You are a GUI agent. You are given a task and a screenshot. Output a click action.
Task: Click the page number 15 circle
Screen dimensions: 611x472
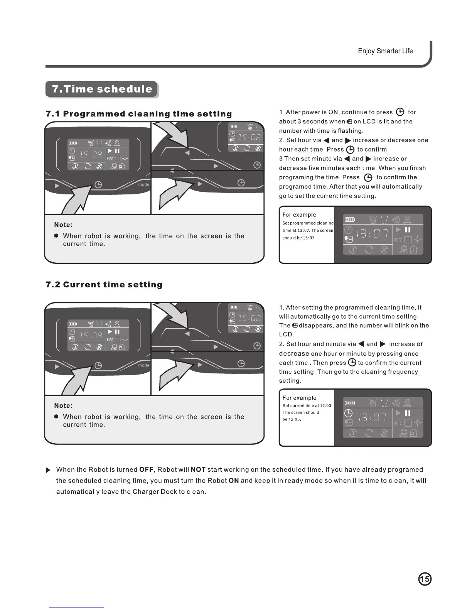click(x=425, y=579)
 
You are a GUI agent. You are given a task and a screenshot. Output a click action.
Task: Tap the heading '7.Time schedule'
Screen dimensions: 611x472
click(x=102, y=89)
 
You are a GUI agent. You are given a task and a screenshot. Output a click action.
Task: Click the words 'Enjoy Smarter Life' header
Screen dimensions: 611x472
click(x=385, y=51)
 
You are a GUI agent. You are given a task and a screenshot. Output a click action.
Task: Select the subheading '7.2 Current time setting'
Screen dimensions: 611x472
click(x=104, y=285)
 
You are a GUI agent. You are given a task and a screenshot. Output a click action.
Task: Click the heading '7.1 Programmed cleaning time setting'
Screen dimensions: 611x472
click(x=139, y=114)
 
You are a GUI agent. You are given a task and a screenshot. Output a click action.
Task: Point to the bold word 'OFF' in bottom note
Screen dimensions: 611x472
click(x=147, y=469)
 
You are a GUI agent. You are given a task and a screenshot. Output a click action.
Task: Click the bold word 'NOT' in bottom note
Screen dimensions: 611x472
click(x=198, y=469)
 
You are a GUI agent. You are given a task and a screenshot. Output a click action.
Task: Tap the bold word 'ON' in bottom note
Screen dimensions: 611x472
click(x=234, y=481)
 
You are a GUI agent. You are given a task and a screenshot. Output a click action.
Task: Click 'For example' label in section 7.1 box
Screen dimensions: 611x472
click(x=299, y=215)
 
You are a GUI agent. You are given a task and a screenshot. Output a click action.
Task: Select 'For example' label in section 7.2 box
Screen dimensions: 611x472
click(x=299, y=398)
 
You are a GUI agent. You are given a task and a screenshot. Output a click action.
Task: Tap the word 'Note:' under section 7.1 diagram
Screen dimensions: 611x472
click(x=63, y=225)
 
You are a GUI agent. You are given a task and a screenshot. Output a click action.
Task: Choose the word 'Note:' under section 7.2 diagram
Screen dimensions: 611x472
click(x=63, y=406)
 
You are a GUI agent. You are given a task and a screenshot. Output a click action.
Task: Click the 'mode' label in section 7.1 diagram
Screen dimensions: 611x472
click(x=143, y=184)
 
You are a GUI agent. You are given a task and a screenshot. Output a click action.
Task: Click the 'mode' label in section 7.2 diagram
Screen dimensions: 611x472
click(x=143, y=365)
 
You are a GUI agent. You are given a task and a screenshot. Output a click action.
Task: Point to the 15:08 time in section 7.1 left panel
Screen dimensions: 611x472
click(x=91, y=155)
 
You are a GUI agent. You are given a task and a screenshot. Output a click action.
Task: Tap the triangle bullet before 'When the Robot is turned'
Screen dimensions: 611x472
click(x=48, y=470)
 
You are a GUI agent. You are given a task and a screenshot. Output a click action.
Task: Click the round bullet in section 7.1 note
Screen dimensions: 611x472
click(x=56, y=236)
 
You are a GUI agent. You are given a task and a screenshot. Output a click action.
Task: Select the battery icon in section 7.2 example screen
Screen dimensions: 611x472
click(x=350, y=403)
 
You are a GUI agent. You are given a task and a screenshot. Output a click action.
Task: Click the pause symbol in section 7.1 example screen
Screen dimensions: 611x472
click(x=408, y=230)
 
